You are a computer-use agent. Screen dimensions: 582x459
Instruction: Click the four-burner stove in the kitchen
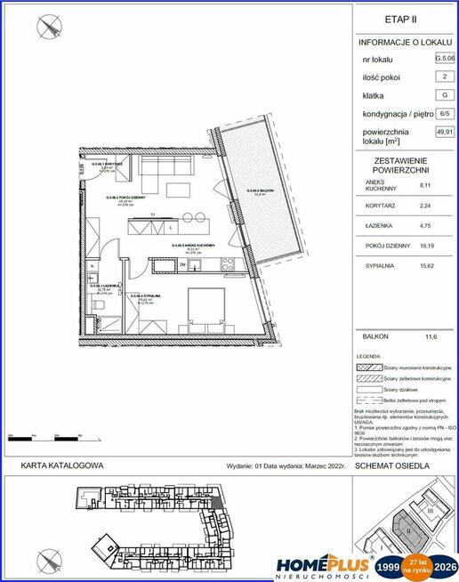225,263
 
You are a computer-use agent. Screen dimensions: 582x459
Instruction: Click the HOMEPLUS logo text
323,563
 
